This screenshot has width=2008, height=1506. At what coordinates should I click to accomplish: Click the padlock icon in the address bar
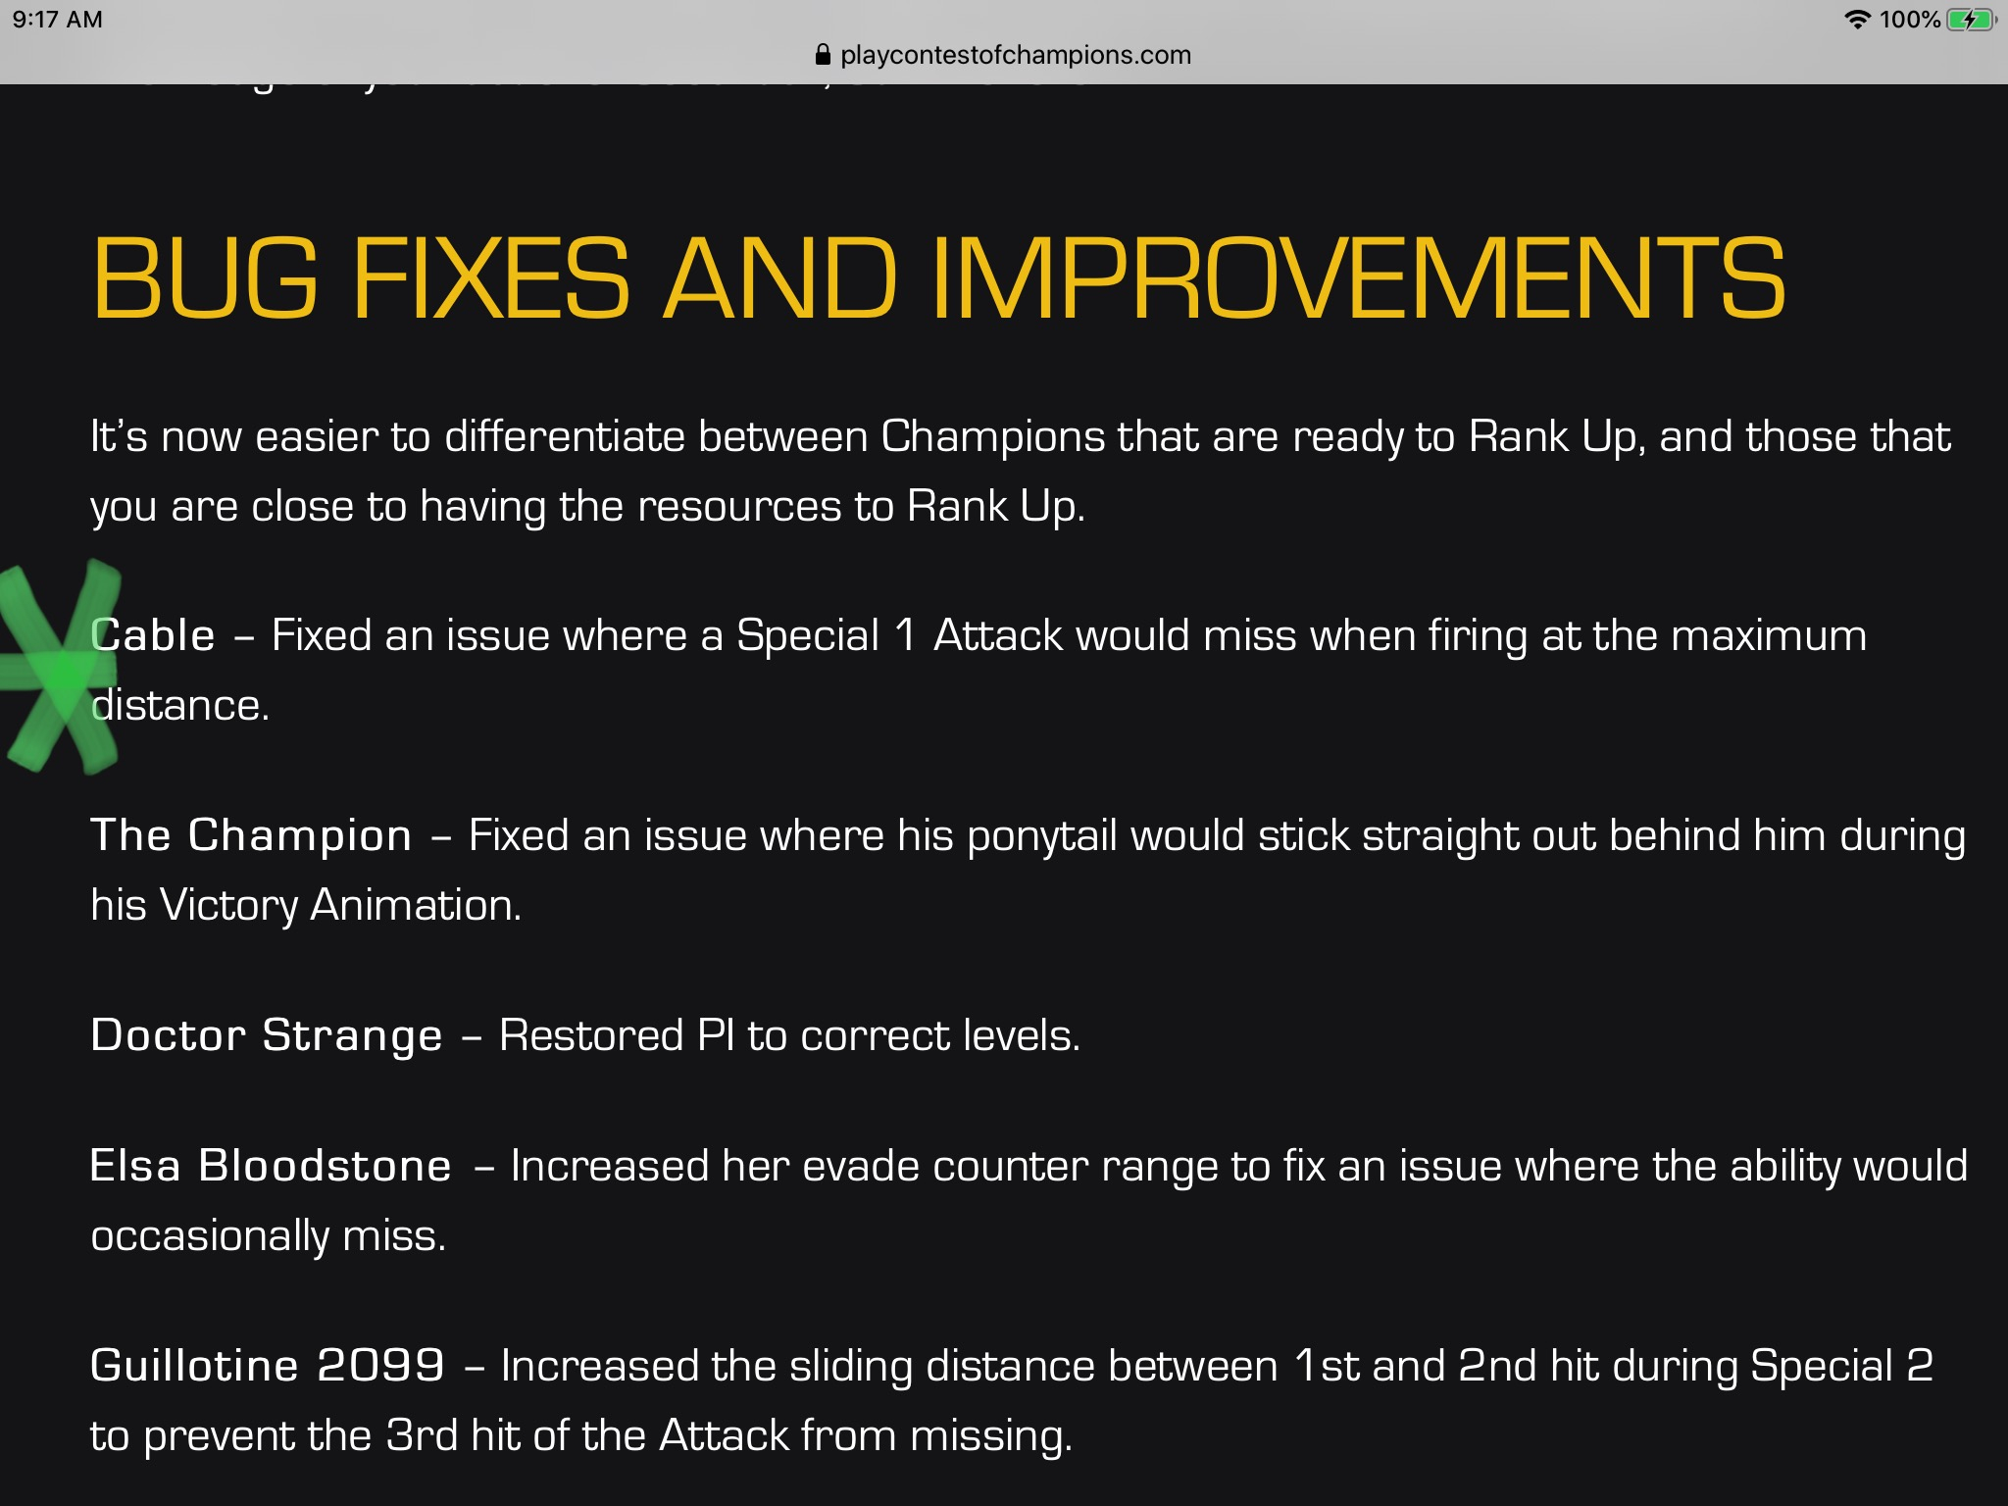click(x=823, y=55)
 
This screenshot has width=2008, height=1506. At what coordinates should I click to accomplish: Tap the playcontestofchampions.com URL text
click(x=1016, y=56)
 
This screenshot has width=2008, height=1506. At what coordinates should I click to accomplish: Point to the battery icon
click(x=1972, y=20)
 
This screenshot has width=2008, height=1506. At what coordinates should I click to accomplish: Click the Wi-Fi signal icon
click(x=1857, y=20)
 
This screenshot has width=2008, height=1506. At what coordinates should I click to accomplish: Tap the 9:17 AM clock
click(x=58, y=20)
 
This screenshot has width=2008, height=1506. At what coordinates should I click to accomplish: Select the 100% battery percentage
click(x=1910, y=20)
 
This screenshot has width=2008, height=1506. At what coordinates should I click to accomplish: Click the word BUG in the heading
click(x=205, y=278)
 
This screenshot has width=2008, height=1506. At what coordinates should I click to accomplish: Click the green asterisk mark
click(x=61, y=667)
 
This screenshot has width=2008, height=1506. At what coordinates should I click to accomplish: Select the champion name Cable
click(x=153, y=635)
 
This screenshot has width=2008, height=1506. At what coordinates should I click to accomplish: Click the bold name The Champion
click(x=251, y=835)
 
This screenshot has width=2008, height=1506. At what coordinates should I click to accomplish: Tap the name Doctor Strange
click(x=267, y=1035)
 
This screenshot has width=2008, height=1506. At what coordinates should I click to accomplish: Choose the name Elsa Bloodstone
click(x=271, y=1166)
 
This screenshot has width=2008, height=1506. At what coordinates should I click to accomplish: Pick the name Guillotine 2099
click(x=268, y=1366)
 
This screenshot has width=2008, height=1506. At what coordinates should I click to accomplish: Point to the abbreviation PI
click(x=716, y=1035)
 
